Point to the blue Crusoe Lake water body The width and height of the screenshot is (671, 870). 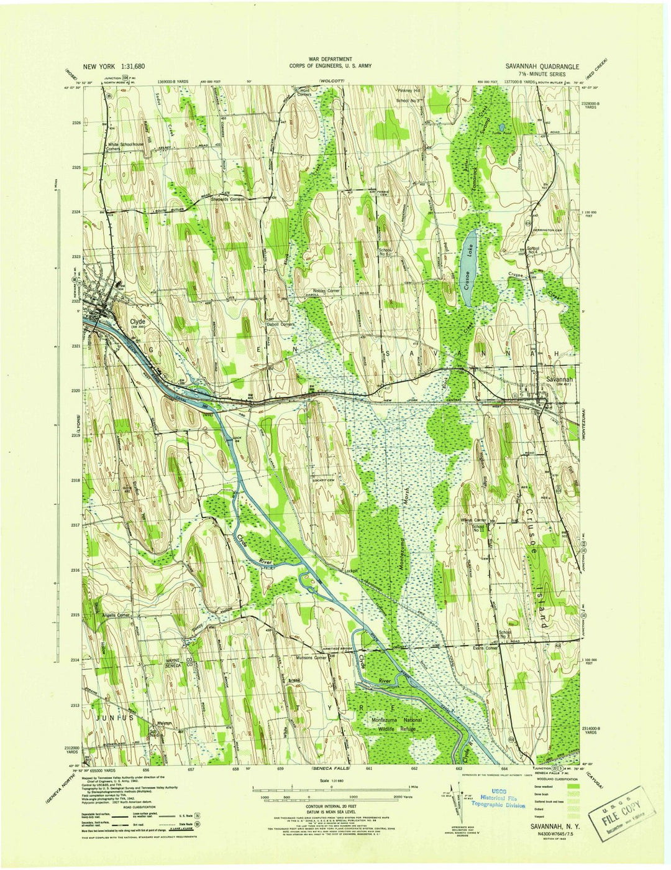469,267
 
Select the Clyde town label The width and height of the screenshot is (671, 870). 137,322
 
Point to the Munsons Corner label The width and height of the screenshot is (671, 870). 311,657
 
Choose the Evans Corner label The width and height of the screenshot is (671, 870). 485,648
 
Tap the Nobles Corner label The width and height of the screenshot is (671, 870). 327,290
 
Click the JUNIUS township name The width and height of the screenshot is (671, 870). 114,718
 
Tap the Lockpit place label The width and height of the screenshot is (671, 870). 353,570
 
